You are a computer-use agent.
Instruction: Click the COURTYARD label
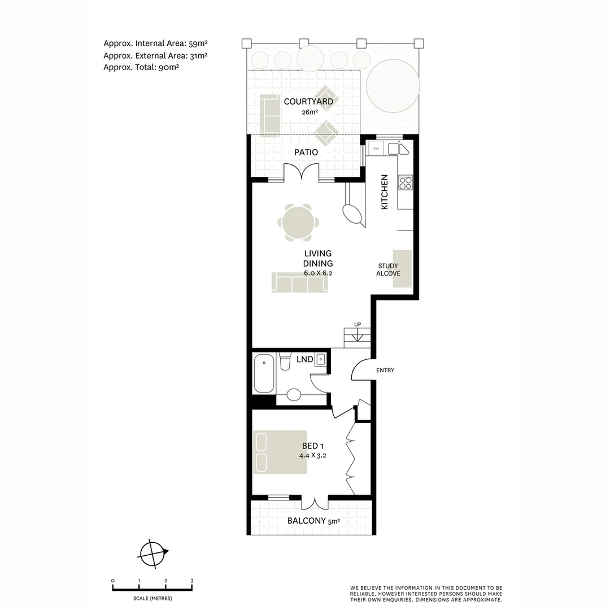[x=308, y=102]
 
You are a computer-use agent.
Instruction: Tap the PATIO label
[x=306, y=152]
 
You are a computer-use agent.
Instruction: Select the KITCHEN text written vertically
[x=385, y=192]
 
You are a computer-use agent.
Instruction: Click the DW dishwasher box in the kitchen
[x=376, y=149]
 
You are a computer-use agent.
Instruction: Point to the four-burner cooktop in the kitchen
[x=406, y=182]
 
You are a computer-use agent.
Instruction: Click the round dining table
[x=298, y=223]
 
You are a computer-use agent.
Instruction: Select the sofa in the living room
[x=299, y=282]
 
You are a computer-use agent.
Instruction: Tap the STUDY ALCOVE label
[x=388, y=269]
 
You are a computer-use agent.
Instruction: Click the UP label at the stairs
[x=358, y=324]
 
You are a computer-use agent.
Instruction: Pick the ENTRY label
[x=385, y=371]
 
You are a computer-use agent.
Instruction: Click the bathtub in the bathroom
[x=264, y=373]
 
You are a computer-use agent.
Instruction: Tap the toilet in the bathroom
[x=285, y=361]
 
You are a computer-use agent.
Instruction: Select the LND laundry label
[x=304, y=359]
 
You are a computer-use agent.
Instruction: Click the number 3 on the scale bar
[x=191, y=581]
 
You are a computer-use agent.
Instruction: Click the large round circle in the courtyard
[x=393, y=85]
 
